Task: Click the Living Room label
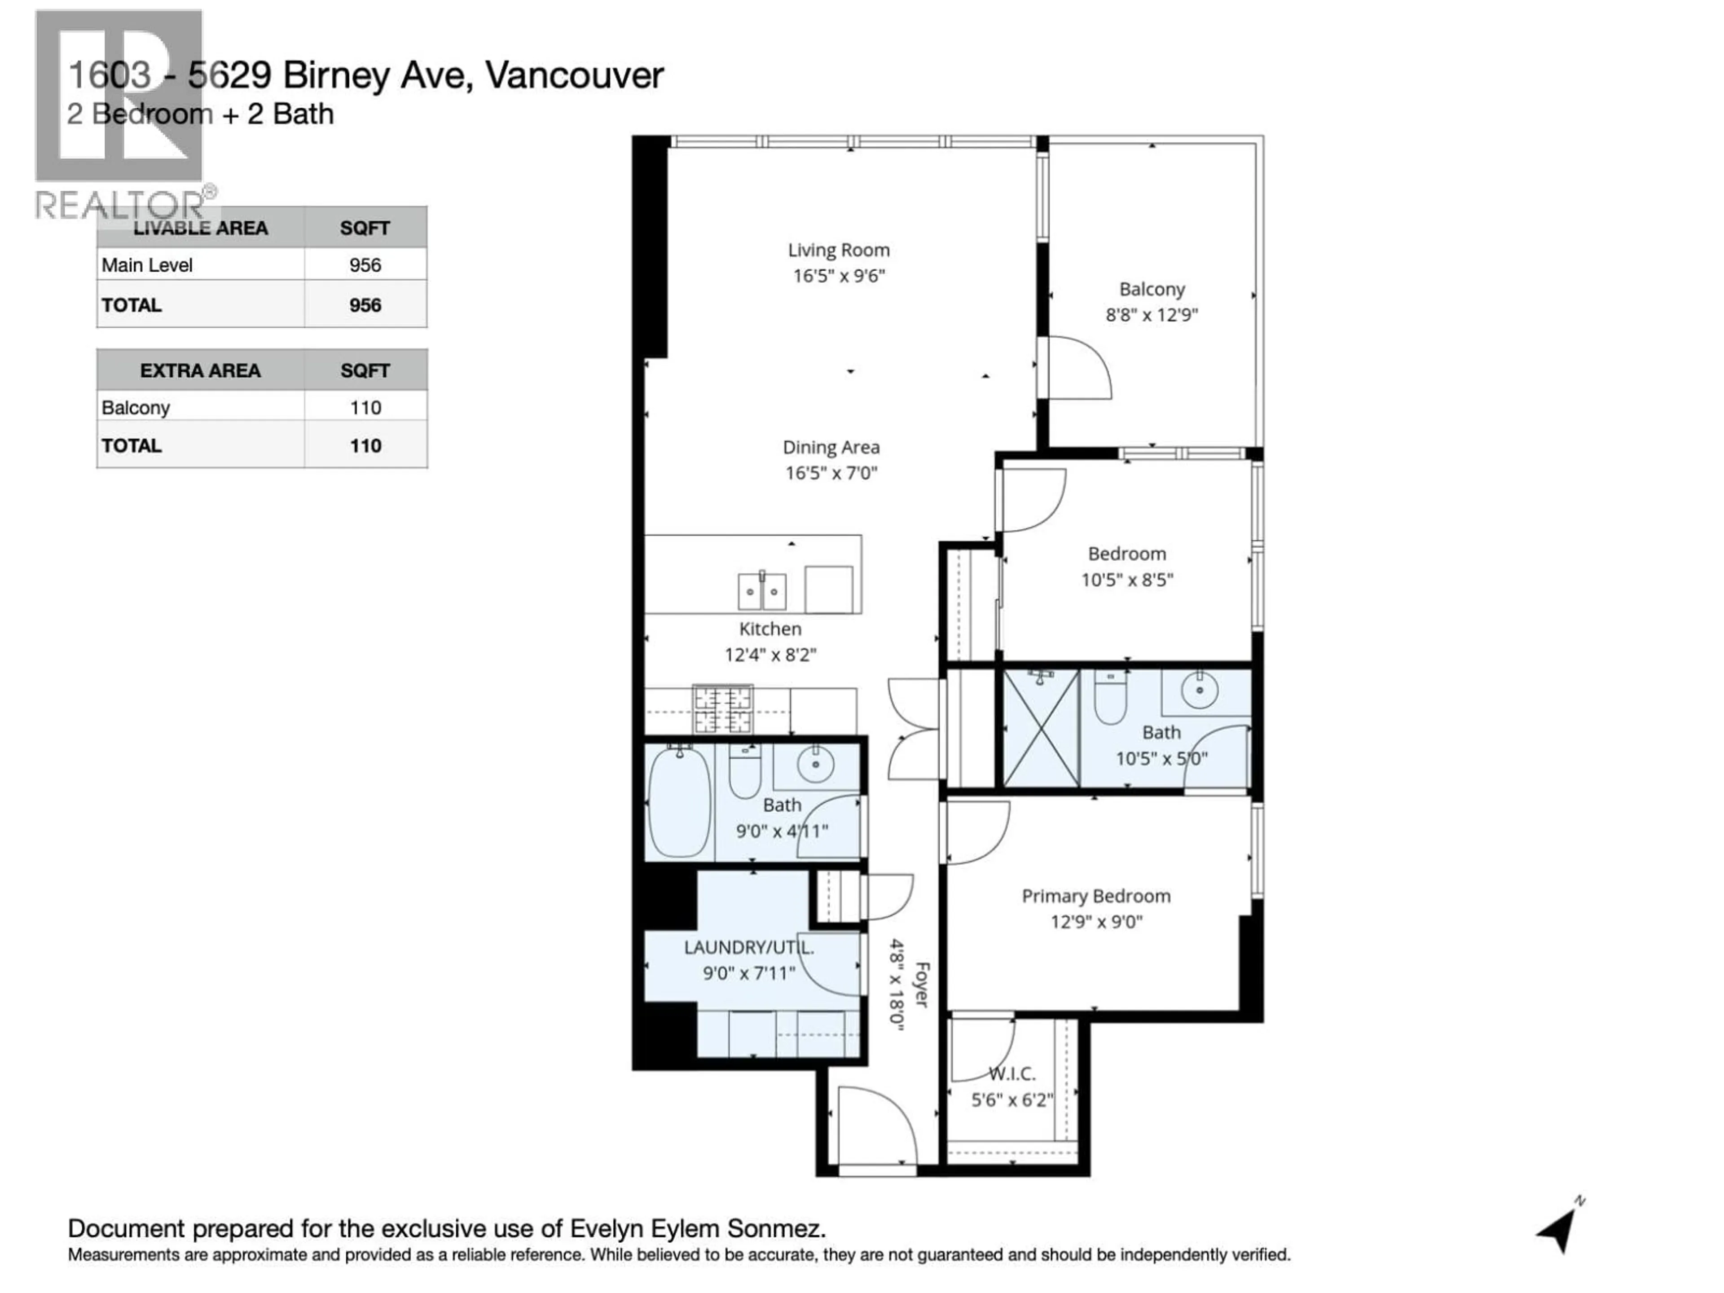point(839,250)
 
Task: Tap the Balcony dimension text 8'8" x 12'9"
point(1152,315)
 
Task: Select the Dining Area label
point(831,447)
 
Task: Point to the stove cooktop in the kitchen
point(723,709)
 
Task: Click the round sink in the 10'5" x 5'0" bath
point(1200,690)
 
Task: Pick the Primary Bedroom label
point(1096,896)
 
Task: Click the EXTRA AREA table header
point(200,371)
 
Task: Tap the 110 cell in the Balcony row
point(365,408)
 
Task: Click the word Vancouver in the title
point(574,75)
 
